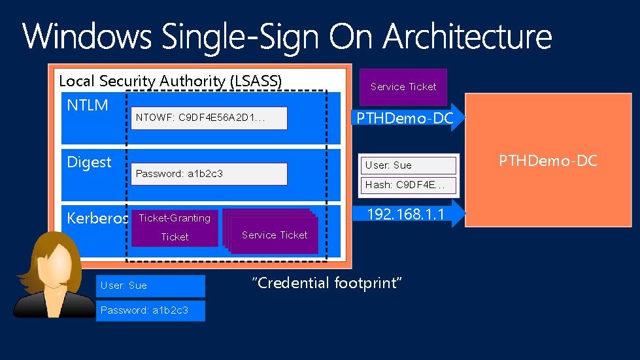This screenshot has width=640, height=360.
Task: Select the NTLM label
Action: coord(88,105)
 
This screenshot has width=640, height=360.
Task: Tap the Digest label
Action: coord(90,162)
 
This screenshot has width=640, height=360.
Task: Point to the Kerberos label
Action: coord(97,218)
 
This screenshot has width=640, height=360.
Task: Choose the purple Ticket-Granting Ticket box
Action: coord(175,227)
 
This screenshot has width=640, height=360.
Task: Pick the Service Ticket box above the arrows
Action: coord(403,86)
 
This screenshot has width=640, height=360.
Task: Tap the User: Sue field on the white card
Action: coord(410,165)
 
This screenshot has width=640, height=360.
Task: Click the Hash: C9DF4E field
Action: coord(410,185)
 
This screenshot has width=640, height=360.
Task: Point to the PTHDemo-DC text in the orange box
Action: coord(548,161)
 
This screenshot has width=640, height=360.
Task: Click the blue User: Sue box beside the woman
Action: coord(151,286)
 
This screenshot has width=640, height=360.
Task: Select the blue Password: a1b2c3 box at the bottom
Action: coord(151,310)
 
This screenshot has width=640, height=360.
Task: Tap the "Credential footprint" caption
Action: coord(326,283)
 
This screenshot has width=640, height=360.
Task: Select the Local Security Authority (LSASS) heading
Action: coord(170,81)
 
